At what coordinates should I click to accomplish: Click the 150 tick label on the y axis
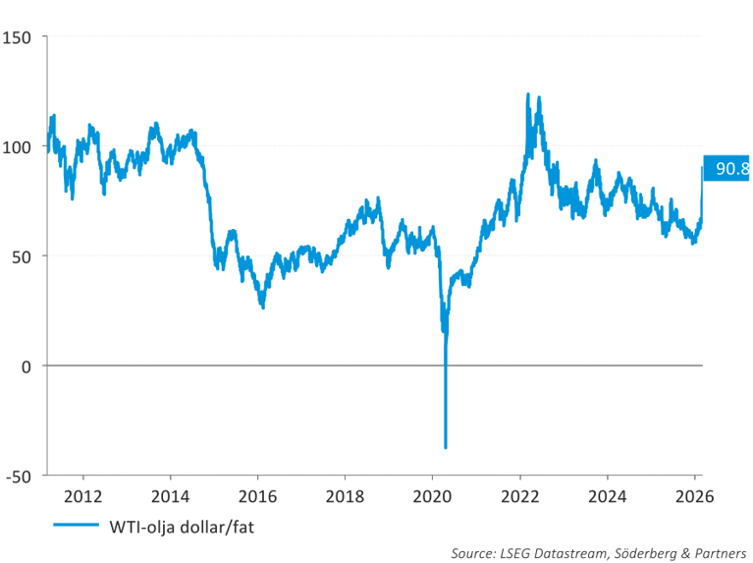pyautogui.click(x=19, y=37)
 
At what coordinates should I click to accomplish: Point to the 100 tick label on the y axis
pyautogui.click(x=19, y=146)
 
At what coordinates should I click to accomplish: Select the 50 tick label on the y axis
pyautogui.click(x=23, y=256)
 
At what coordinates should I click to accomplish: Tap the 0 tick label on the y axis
pyautogui.click(x=27, y=366)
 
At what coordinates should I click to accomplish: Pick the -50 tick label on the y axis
pyautogui.click(x=19, y=476)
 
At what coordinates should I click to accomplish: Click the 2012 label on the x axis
pyautogui.click(x=81, y=495)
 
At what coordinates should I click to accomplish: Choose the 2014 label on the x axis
pyautogui.click(x=169, y=495)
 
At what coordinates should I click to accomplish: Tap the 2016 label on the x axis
pyautogui.click(x=256, y=495)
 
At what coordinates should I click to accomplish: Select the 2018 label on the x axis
pyautogui.click(x=344, y=495)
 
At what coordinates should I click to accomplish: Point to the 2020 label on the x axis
pyautogui.click(x=432, y=495)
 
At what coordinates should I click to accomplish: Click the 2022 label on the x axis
pyautogui.click(x=519, y=495)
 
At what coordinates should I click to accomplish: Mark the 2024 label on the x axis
pyautogui.click(x=608, y=495)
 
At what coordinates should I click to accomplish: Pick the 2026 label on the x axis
pyautogui.click(x=694, y=495)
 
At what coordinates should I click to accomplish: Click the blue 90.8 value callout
pyautogui.click(x=728, y=169)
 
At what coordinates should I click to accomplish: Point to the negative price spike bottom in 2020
pyautogui.click(x=446, y=447)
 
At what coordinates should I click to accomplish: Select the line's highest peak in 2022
pyautogui.click(x=528, y=94)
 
